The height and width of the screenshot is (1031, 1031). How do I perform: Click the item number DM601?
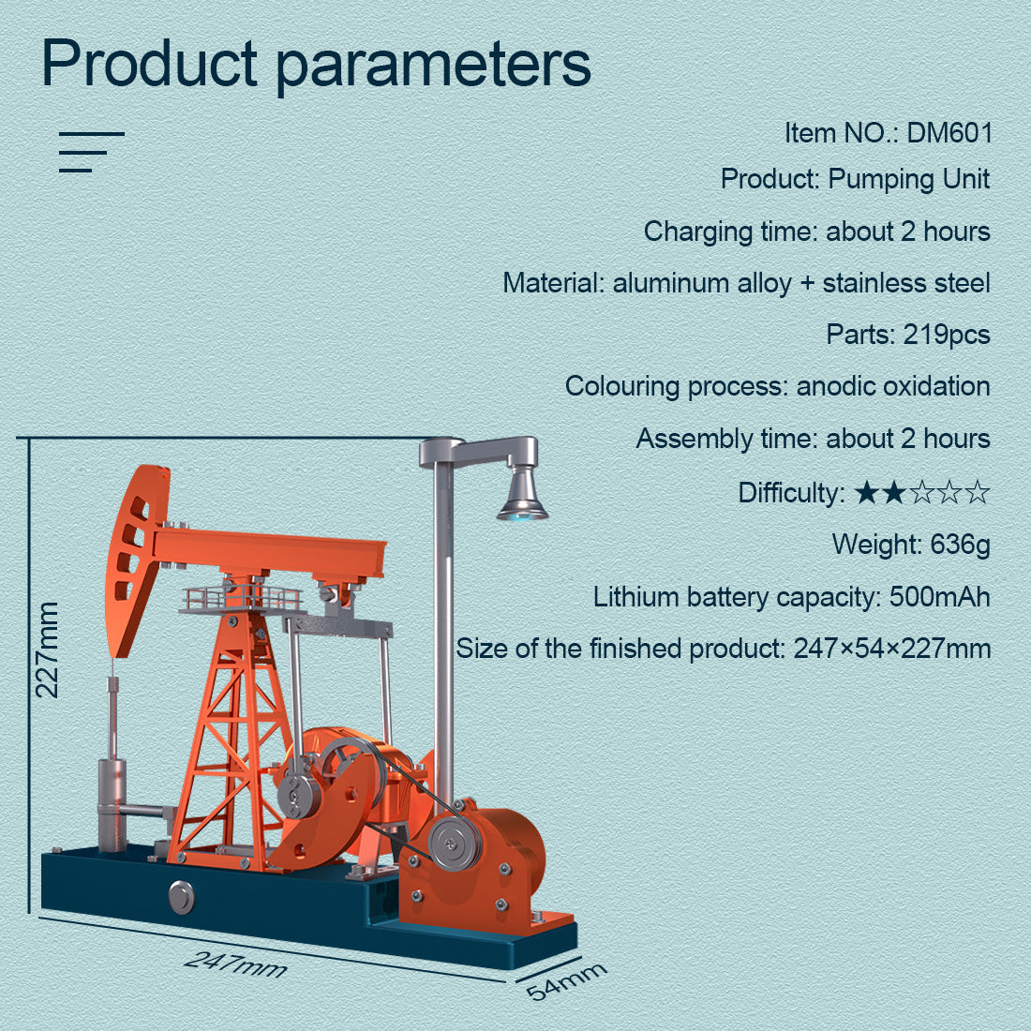tap(949, 133)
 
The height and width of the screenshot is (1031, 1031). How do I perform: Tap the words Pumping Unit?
tap(909, 179)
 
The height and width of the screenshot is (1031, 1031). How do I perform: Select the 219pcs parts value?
tap(946, 335)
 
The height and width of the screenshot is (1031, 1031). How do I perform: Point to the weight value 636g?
tap(960, 545)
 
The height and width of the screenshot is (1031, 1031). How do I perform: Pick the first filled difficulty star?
tap(866, 493)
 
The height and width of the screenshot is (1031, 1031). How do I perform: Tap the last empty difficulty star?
tap(978, 493)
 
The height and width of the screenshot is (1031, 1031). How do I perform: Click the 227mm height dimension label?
tap(47, 650)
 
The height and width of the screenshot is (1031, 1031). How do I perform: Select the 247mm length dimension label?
tap(235, 962)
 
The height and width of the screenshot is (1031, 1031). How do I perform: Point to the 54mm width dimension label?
tap(565, 980)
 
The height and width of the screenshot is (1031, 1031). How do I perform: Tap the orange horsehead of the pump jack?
tap(134, 558)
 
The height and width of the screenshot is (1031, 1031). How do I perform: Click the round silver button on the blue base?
tap(181, 896)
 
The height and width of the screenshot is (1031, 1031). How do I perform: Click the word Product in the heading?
tap(150, 64)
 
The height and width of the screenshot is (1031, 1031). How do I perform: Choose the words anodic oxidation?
tap(893, 386)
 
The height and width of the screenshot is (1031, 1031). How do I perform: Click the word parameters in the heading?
tap(433, 64)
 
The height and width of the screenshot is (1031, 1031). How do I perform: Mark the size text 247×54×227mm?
tap(891, 649)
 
